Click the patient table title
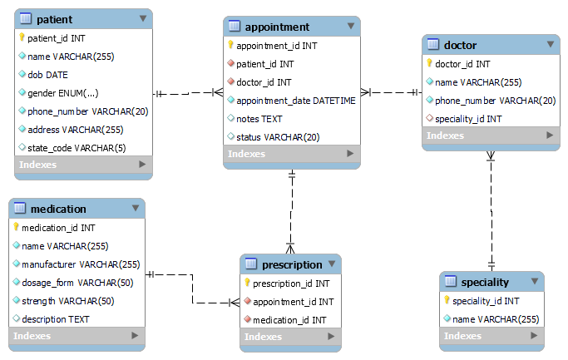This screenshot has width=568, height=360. tap(56, 19)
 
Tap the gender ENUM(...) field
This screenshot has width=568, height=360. tap(62, 93)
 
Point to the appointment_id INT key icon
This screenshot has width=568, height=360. tap(231, 46)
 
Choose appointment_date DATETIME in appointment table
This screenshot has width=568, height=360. tap(296, 101)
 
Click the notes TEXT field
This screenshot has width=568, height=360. tap(259, 119)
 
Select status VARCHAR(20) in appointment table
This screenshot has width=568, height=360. tap(278, 137)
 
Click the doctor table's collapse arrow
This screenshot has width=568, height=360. tap(550, 45)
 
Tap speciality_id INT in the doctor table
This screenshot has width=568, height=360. tap(468, 118)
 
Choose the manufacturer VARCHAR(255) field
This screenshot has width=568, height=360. tap(81, 264)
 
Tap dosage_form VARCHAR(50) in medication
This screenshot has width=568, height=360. tap(72, 283)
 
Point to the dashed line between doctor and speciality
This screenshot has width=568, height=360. tap(491, 208)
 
